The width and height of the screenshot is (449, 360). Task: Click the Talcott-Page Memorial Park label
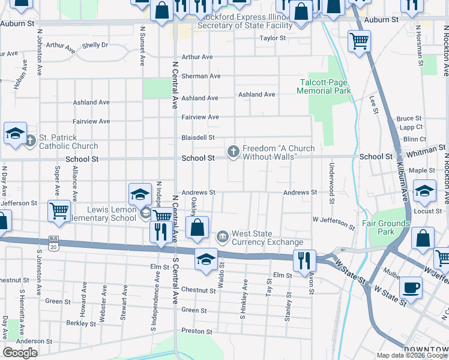coord(324,86)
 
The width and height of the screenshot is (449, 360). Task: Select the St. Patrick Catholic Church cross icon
coord(31,141)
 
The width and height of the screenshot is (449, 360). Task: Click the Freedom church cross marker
coord(234,152)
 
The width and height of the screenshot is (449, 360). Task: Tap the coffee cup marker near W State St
coord(411,286)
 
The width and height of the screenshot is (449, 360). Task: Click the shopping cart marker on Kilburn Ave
coord(359,41)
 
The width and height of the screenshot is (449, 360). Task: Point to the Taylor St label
coord(273,38)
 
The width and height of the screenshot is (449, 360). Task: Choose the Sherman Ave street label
coord(201,76)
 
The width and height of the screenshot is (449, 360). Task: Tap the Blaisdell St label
coord(198,137)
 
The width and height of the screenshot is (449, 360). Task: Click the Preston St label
coord(197,331)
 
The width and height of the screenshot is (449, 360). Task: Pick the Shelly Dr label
coord(95,45)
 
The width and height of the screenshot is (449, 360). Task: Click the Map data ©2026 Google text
coord(412,355)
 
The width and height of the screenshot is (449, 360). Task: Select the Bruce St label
coord(409,119)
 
